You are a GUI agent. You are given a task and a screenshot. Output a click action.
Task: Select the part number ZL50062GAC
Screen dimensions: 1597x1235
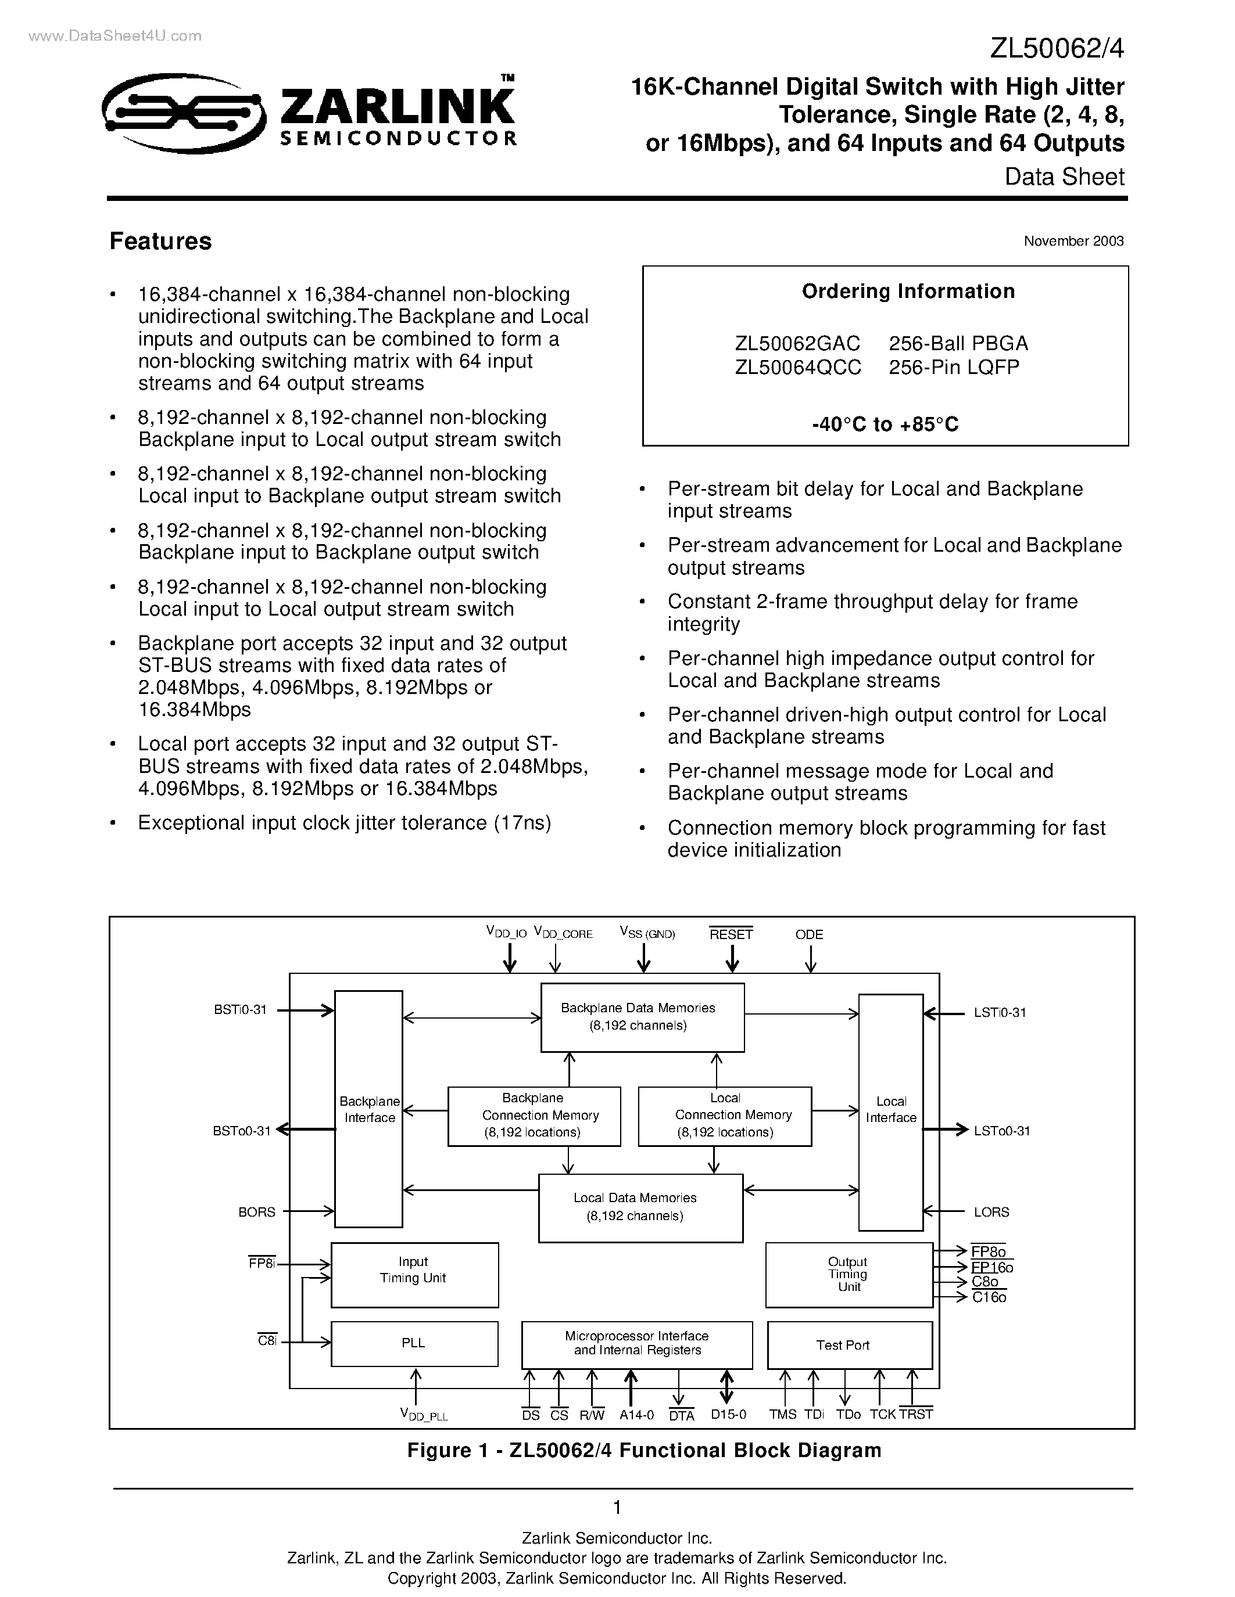coord(797,343)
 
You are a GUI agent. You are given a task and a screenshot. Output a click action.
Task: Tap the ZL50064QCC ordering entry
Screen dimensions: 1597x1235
coord(798,366)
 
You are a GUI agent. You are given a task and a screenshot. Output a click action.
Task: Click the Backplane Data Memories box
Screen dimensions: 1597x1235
coord(642,1017)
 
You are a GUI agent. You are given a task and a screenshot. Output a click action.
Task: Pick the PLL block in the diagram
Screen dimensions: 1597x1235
coord(414,1343)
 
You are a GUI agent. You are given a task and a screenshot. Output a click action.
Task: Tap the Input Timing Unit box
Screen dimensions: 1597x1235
coord(414,1275)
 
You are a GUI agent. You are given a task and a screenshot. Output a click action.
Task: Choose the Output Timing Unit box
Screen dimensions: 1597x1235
coord(849,1275)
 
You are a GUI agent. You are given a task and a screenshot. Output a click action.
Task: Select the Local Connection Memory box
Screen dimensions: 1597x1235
coord(724,1115)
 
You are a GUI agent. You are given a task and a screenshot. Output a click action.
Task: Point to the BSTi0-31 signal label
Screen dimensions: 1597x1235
coord(241,1010)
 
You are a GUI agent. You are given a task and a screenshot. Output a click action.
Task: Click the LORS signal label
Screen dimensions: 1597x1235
coord(991,1211)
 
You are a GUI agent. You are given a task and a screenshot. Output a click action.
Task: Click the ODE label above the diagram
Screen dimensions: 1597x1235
coord(809,934)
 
